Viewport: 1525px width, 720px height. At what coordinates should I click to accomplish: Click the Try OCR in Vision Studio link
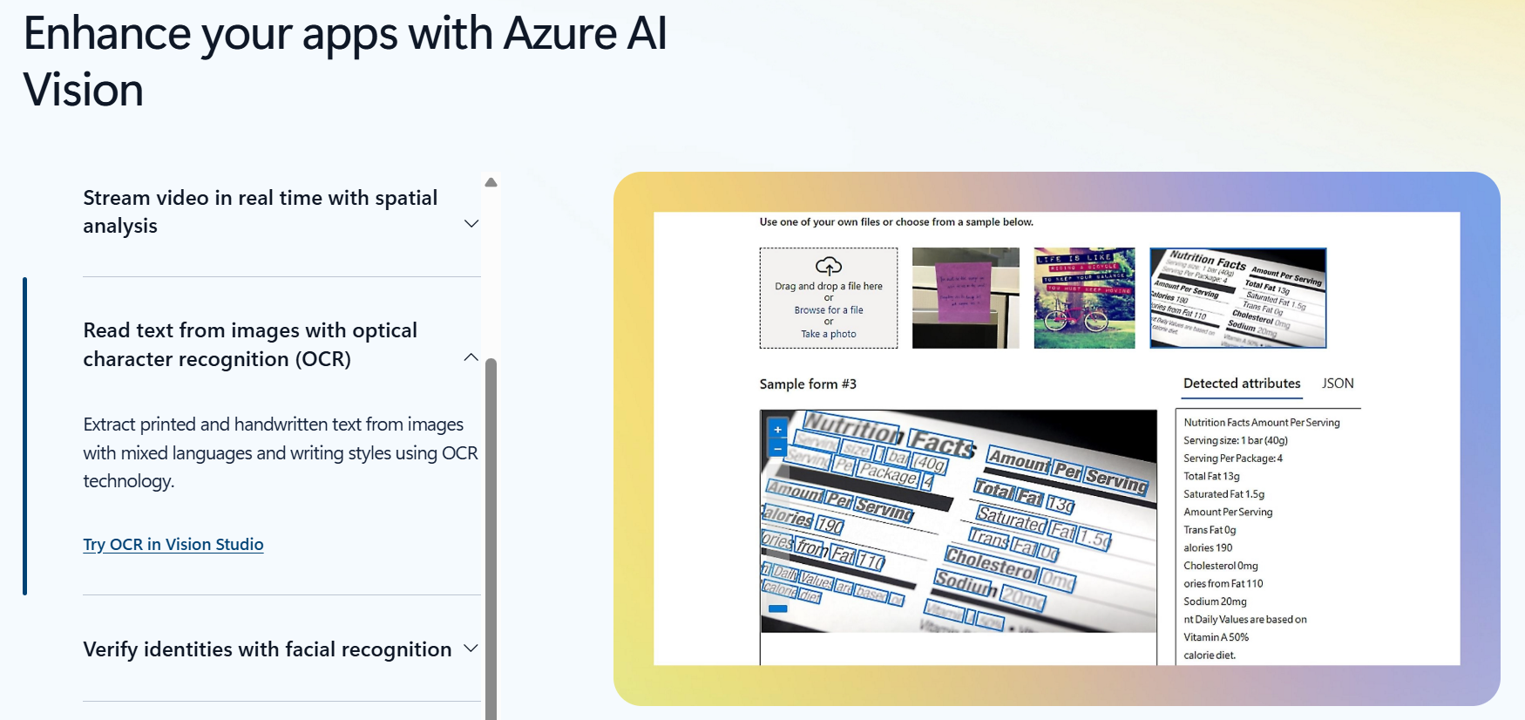(173, 545)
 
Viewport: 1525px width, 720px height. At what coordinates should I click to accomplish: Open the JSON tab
(1338, 384)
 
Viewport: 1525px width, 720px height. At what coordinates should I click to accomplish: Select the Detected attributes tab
(1241, 384)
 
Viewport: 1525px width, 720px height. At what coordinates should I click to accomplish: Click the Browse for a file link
(828, 310)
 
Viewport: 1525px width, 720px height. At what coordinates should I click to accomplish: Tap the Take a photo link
(828, 334)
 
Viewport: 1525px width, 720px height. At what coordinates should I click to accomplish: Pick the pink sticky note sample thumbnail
(965, 297)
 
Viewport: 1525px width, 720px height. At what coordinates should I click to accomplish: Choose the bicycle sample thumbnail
(1084, 297)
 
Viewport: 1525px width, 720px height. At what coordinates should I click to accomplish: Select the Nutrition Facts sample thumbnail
(1237, 297)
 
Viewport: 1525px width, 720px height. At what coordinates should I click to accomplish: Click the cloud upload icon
(828, 266)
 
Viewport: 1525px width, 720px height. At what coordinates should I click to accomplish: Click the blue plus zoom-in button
(777, 430)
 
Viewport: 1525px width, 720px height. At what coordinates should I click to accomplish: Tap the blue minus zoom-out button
(777, 449)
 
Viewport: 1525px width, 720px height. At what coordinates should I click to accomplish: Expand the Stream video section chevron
(471, 224)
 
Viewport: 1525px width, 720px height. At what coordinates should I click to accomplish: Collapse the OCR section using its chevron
(471, 357)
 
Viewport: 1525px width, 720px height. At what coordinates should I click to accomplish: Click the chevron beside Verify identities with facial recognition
(471, 649)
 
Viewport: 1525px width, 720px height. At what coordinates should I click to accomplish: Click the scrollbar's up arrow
(491, 183)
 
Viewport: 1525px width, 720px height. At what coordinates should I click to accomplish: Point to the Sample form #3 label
(807, 384)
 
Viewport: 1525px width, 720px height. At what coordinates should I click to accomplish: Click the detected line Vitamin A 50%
(1216, 637)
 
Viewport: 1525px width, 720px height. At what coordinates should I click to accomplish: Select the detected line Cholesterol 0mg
(1220, 566)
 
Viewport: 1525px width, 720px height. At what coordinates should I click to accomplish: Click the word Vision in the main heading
(84, 91)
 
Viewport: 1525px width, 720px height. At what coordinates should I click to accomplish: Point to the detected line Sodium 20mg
(1215, 601)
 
